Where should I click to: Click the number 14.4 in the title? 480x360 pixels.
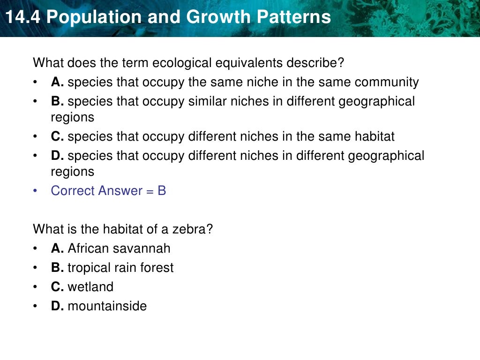click(x=22, y=18)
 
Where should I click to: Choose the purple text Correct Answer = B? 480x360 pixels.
click(x=108, y=191)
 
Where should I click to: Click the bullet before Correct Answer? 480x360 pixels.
click(x=36, y=191)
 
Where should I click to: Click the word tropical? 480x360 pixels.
click(x=89, y=268)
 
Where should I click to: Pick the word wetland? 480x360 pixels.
click(x=90, y=287)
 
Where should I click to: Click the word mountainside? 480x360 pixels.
click(x=107, y=306)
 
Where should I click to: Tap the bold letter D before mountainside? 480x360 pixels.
click(x=56, y=306)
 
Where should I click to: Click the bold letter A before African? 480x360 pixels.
click(x=56, y=248)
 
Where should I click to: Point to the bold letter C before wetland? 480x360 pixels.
click(x=56, y=287)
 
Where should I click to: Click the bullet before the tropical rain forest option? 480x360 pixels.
click(x=36, y=268)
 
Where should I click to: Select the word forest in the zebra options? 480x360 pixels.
click(x=158, y=268)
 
